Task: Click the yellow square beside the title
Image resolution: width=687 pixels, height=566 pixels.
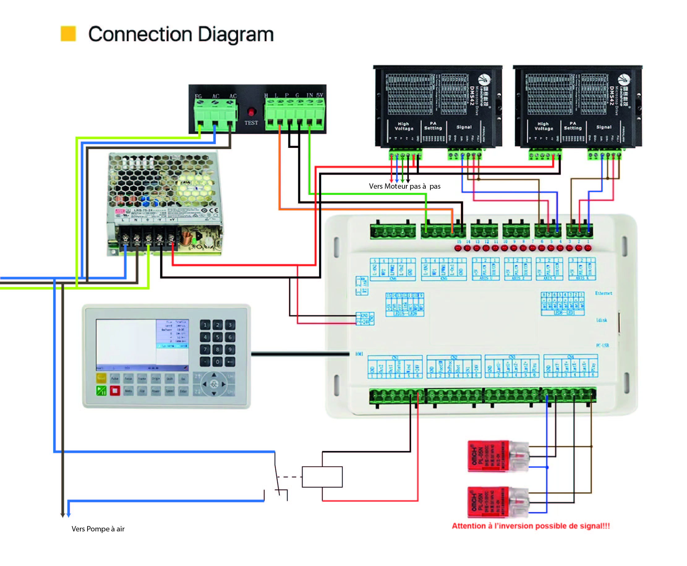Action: tap(68, 34)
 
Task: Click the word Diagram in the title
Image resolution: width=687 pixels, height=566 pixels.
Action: tap(236, 34)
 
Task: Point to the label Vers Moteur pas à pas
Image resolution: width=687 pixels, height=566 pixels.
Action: tap(404, 186)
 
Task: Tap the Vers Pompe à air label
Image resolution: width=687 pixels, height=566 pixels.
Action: tap(98, 529)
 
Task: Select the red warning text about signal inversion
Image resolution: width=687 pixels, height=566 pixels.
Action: tap(530, 525)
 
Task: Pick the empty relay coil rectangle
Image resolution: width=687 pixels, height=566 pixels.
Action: tap(322, 477)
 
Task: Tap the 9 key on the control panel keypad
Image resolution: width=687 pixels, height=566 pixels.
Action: tap(230, 349)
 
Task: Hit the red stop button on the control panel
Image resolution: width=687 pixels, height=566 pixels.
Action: tap(115, 390)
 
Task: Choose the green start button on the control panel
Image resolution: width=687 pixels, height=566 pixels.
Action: tap(101, 390)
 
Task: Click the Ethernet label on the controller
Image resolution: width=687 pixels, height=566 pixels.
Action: tap(603, 293)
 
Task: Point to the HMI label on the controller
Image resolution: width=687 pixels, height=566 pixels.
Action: tap(359, 354)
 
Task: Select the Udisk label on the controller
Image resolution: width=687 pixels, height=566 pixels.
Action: tap(602, 320)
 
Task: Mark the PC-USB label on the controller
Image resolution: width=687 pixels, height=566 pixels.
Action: tap(602, 345)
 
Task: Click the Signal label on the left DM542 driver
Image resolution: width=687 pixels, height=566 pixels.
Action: tap(464, 127)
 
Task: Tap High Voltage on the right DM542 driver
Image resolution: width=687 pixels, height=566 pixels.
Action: tap(543, 126)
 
